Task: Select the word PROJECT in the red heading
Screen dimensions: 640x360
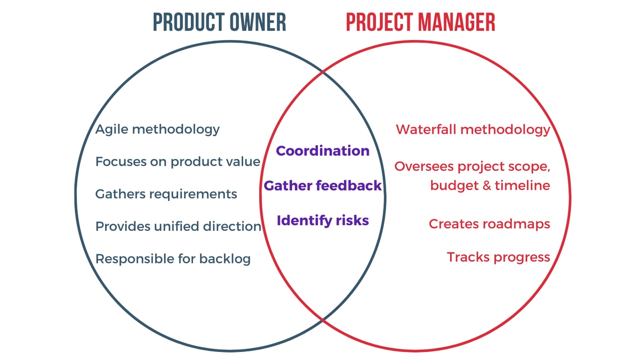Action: tap(380, 22)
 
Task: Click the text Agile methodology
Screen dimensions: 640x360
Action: tap(157, 130)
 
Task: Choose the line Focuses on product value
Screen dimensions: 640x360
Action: tap(178, 162)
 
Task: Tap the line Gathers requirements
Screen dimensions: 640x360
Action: tap(166, 194)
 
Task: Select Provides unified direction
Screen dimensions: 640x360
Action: tap(178, 226)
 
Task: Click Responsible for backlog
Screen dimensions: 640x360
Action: tap(173, 259)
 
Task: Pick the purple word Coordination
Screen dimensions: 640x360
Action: tap(323, 151)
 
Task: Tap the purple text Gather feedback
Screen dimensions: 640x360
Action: tap(323, 186)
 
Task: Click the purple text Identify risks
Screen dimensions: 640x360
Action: tap(323, 221)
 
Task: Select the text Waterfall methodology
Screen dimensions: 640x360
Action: tap(473, 130)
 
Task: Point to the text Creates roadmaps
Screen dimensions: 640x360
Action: tap(490, 224)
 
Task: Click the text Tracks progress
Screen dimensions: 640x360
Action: tap(498, 257)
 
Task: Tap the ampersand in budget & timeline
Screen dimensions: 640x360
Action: tap(487, 186)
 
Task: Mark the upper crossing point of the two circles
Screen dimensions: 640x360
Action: tap(323, 72)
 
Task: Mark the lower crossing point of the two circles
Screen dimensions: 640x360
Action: tap(323, 319)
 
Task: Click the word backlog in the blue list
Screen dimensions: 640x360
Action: tap(225, 259)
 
